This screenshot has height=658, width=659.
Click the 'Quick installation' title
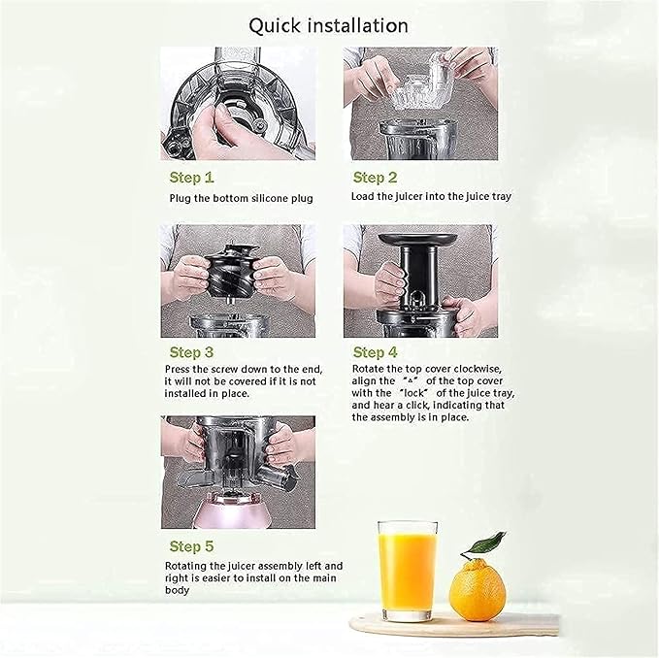coord(328,24)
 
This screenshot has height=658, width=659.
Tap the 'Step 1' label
coord(191,178)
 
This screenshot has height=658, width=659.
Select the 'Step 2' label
coord(375,178)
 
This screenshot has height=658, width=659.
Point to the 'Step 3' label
coord(191,352)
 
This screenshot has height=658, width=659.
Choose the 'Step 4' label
coord(376,352)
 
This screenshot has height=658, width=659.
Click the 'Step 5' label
coord(191,546)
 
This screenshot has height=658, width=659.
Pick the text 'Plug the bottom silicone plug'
coord(241,198)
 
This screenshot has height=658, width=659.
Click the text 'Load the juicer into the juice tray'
coord(431,197)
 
